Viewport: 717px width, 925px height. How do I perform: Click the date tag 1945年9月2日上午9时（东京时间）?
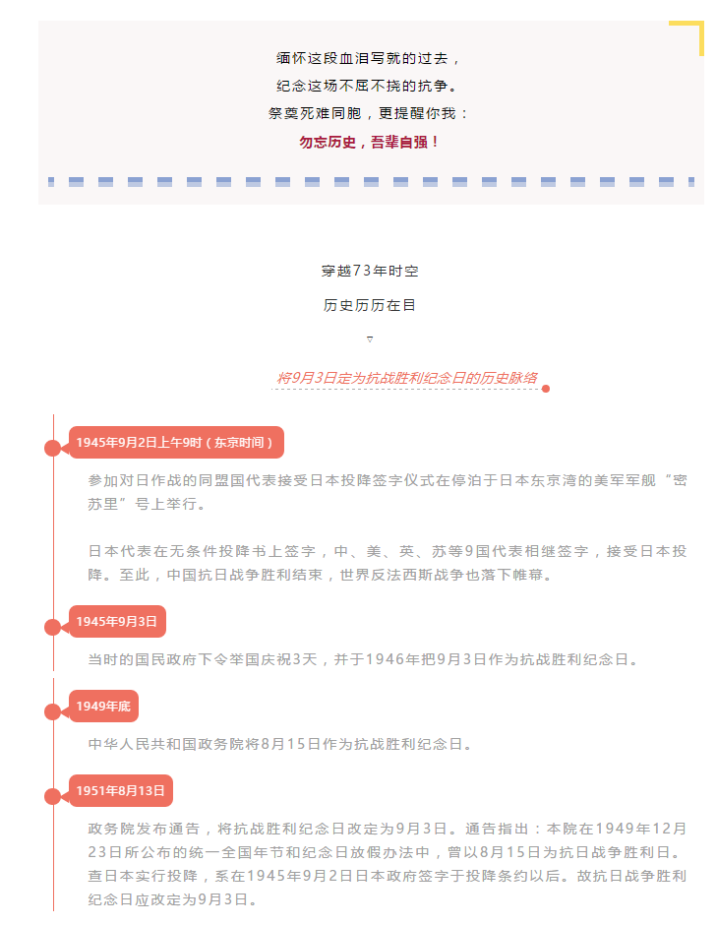[176, 443]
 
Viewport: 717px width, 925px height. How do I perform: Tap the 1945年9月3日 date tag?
[117, 621]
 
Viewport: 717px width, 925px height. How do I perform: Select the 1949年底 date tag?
[104, 707]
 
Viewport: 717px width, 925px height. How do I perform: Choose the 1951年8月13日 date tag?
[121, 790]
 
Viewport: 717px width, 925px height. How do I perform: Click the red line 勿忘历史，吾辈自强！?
[369, 142]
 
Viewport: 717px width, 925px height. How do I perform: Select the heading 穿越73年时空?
[370, 271]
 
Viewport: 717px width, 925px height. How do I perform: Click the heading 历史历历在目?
[370, 305]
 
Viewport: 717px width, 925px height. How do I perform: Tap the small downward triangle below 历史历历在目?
[370, 339]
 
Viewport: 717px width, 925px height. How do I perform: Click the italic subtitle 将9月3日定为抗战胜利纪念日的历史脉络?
[407, 378]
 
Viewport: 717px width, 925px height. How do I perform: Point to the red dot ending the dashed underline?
[546, 389]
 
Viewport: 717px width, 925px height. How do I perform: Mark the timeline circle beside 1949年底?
[53, 711]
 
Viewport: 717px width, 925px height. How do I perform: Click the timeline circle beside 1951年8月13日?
[53, 796]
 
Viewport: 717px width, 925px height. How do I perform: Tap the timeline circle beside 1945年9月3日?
[53, 627]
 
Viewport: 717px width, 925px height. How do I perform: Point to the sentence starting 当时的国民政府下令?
[363, 659]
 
